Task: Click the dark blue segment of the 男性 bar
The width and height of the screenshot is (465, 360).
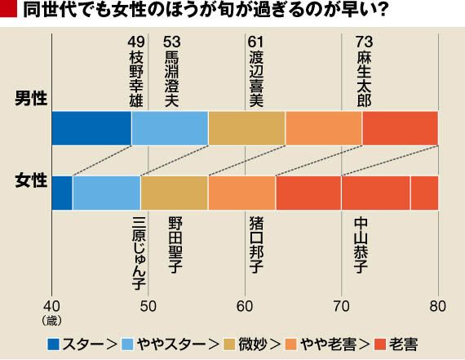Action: [91, 128]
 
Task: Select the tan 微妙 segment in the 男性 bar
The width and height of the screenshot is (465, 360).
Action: [246, 128]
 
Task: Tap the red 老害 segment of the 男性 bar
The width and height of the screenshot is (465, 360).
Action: [401, 128]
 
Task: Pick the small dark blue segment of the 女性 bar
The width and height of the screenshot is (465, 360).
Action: [62, 193]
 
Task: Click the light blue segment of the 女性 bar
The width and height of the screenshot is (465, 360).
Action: [107, 193]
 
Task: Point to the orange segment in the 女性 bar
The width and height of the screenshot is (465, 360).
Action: [242, 193]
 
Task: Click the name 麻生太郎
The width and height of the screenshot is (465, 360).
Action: [364, 79]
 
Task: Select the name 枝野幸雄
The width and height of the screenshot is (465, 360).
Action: [136, 79]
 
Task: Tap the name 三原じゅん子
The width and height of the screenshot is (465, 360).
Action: [139, 253]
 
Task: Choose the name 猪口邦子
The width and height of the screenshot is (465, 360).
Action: [256, 245]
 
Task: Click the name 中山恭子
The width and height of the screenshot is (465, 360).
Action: [361, 245]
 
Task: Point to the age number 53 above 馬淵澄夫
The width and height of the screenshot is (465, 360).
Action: [171, 42]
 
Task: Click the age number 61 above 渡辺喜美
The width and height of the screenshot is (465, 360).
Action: [255, 42]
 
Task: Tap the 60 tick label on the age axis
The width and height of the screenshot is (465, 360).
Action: [245, 306]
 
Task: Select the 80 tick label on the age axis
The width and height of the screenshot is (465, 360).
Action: [438, 306]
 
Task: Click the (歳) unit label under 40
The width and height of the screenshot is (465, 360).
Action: [52, 321]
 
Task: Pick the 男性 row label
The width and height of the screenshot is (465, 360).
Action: [31, 99]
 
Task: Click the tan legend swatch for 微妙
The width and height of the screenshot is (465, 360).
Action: [228, 344]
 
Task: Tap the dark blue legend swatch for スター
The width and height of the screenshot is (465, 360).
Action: [53, 344]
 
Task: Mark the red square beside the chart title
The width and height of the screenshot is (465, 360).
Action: [9, 9]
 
